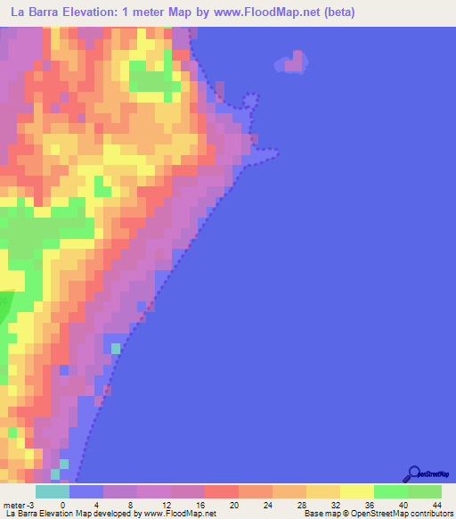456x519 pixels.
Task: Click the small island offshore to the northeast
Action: click(294, 62)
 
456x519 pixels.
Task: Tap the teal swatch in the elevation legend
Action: click(53, 491)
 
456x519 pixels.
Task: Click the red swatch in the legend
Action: click(221, 491)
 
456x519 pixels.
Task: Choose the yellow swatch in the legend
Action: click(356, 491)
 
